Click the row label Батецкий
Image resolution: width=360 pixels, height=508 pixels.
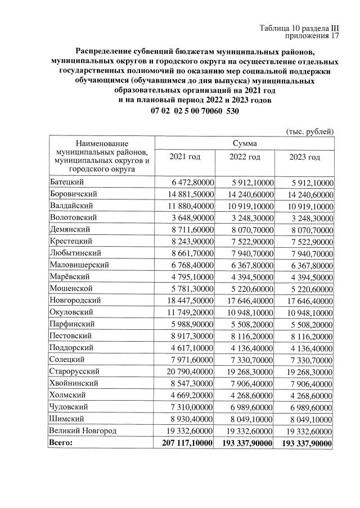67,182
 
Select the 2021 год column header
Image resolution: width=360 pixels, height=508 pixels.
185,157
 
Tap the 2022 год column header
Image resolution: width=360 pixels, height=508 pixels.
245,157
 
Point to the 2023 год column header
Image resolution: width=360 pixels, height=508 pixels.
305,157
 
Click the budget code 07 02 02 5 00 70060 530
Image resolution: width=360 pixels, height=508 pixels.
195,111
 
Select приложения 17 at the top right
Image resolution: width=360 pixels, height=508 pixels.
313,36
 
